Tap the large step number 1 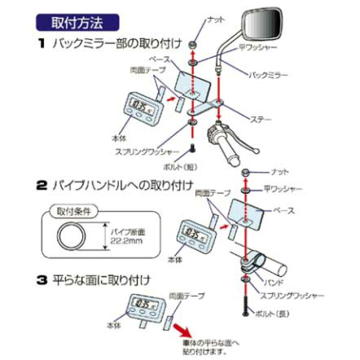click(42, 43)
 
